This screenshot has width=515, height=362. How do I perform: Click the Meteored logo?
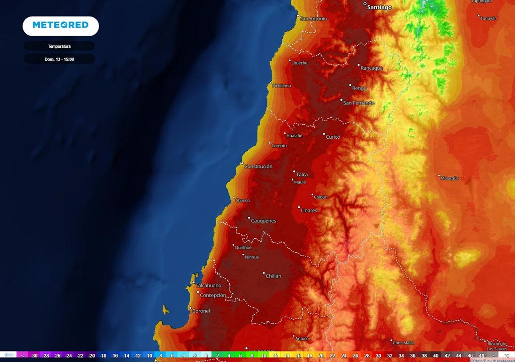click(60, 26)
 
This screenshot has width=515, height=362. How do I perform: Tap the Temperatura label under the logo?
click(59, 46)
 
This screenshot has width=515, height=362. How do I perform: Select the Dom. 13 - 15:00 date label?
click(59, 59)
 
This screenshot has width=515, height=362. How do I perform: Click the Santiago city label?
click(379, 8)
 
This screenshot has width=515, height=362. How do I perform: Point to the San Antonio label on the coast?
click(313, 19)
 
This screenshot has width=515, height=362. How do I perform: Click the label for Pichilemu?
click(282, 86)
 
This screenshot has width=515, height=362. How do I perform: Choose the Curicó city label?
click(333, 137)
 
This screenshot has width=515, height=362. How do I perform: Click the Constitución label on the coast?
click(259, 166)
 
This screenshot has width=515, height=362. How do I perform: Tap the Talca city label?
click(302, 174)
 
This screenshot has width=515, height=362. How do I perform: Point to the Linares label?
click(309, 210)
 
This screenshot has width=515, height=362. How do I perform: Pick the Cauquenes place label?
click(264, 221)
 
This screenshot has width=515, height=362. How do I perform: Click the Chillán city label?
click(273, 276)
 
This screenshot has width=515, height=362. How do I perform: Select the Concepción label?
click(213, 296)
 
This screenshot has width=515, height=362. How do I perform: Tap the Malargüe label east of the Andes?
click(450, 178)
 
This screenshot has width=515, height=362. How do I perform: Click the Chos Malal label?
click(405, 342)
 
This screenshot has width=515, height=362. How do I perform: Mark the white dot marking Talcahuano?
click(193, 283)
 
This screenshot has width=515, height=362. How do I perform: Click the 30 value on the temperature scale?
click(378, 355)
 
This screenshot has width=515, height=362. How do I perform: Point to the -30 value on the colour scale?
click(34, 355)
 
